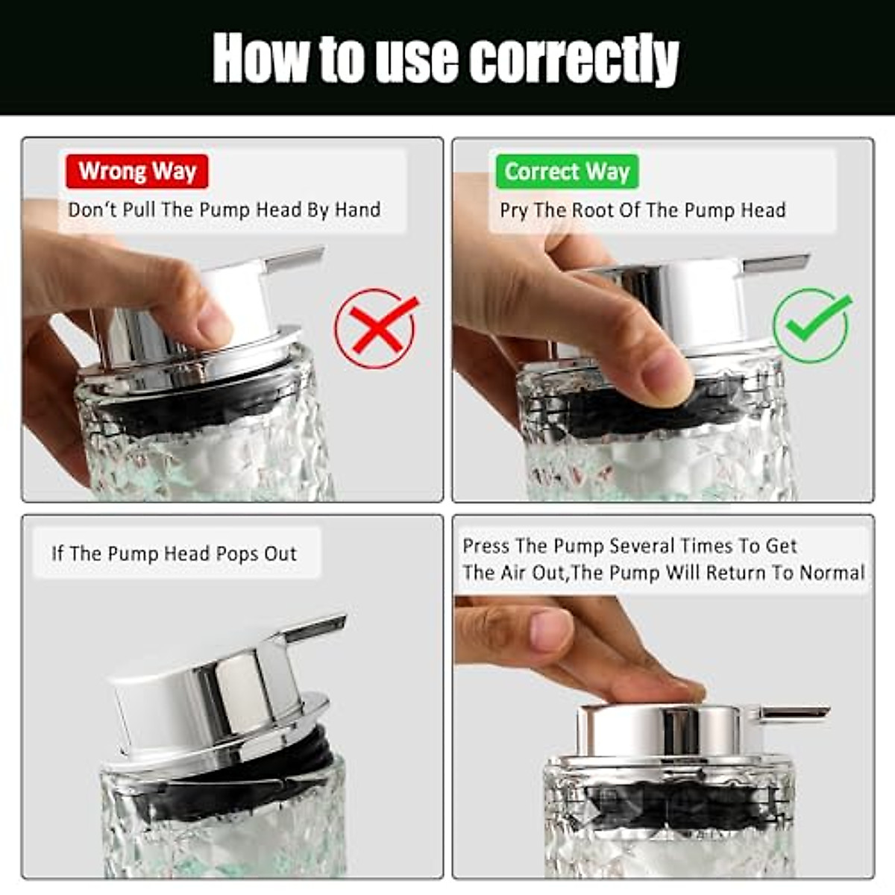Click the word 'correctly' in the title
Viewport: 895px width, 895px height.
574,60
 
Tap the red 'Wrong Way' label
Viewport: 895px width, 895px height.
137,172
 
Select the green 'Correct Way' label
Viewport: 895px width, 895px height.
567,172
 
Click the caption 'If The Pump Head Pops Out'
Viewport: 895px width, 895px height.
175,553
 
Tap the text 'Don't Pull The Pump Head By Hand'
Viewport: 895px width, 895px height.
224,210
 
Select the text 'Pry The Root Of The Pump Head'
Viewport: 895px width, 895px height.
642,210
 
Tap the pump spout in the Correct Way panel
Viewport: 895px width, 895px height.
776,263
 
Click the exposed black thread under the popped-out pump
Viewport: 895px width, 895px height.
298,753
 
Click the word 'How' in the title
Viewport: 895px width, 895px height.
261,60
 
